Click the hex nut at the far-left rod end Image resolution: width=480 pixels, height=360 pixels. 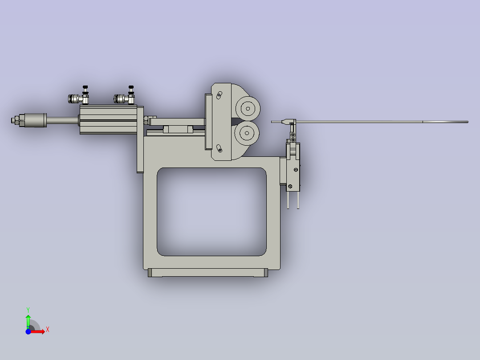(15, 120)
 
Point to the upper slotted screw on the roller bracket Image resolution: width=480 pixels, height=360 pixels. (219, 95)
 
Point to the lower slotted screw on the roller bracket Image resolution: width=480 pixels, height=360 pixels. (219, 148)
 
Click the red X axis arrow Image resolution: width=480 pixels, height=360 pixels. (39, 331)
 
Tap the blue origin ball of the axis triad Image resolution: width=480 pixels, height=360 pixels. (28, 331)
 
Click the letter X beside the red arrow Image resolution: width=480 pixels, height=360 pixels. (48, 330)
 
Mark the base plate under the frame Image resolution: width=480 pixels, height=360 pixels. (207, 273)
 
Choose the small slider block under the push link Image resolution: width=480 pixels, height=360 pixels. (178, 129)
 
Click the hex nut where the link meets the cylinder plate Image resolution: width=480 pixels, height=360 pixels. (146, 120)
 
